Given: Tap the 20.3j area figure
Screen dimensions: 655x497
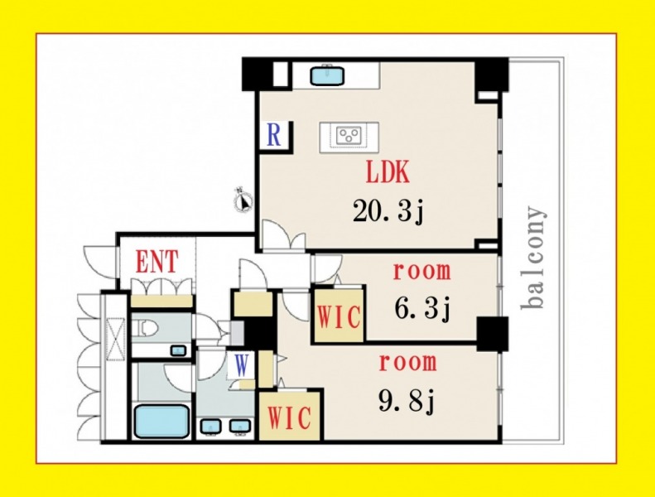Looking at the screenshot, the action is pyautogui.click(x=388, y=211).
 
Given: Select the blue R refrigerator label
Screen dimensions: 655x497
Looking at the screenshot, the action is pyautogui.click(x=273, y=134).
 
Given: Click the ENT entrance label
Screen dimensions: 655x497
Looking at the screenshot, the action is pyautogui.click(x=157, y=262).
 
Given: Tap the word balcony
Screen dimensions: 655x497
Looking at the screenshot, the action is pyautogui.click(x=533, y=258).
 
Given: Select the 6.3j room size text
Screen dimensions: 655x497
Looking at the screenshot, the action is pyautogui.click(x=422, y=308).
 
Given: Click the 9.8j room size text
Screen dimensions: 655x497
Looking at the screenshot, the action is pyautogui.click(x=407, y=401).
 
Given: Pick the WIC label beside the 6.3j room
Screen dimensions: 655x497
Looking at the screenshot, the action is pyautogui.click(x=339, y=316).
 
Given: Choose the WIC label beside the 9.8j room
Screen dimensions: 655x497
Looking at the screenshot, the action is pyautogui.click(x=289, y=417).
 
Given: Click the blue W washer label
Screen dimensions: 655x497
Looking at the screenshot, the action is pyautogui.click(x=242, y=364).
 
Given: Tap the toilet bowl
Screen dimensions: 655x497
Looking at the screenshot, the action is pyautogui.click(x=147, y=328).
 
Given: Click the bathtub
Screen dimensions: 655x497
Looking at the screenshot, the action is pyautogui.click(x=161, y=421).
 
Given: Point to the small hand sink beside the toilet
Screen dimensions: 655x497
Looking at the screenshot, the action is pyautogui.click(x=178, y=350).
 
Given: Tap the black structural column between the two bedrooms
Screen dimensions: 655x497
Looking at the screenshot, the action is pyautogui.click(x=493, y=334).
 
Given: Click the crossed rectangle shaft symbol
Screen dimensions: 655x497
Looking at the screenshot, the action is pyautogui.click(x=116, y=339).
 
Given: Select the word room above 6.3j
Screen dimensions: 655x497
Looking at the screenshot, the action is pyautogui.click(x=422, y=272).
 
